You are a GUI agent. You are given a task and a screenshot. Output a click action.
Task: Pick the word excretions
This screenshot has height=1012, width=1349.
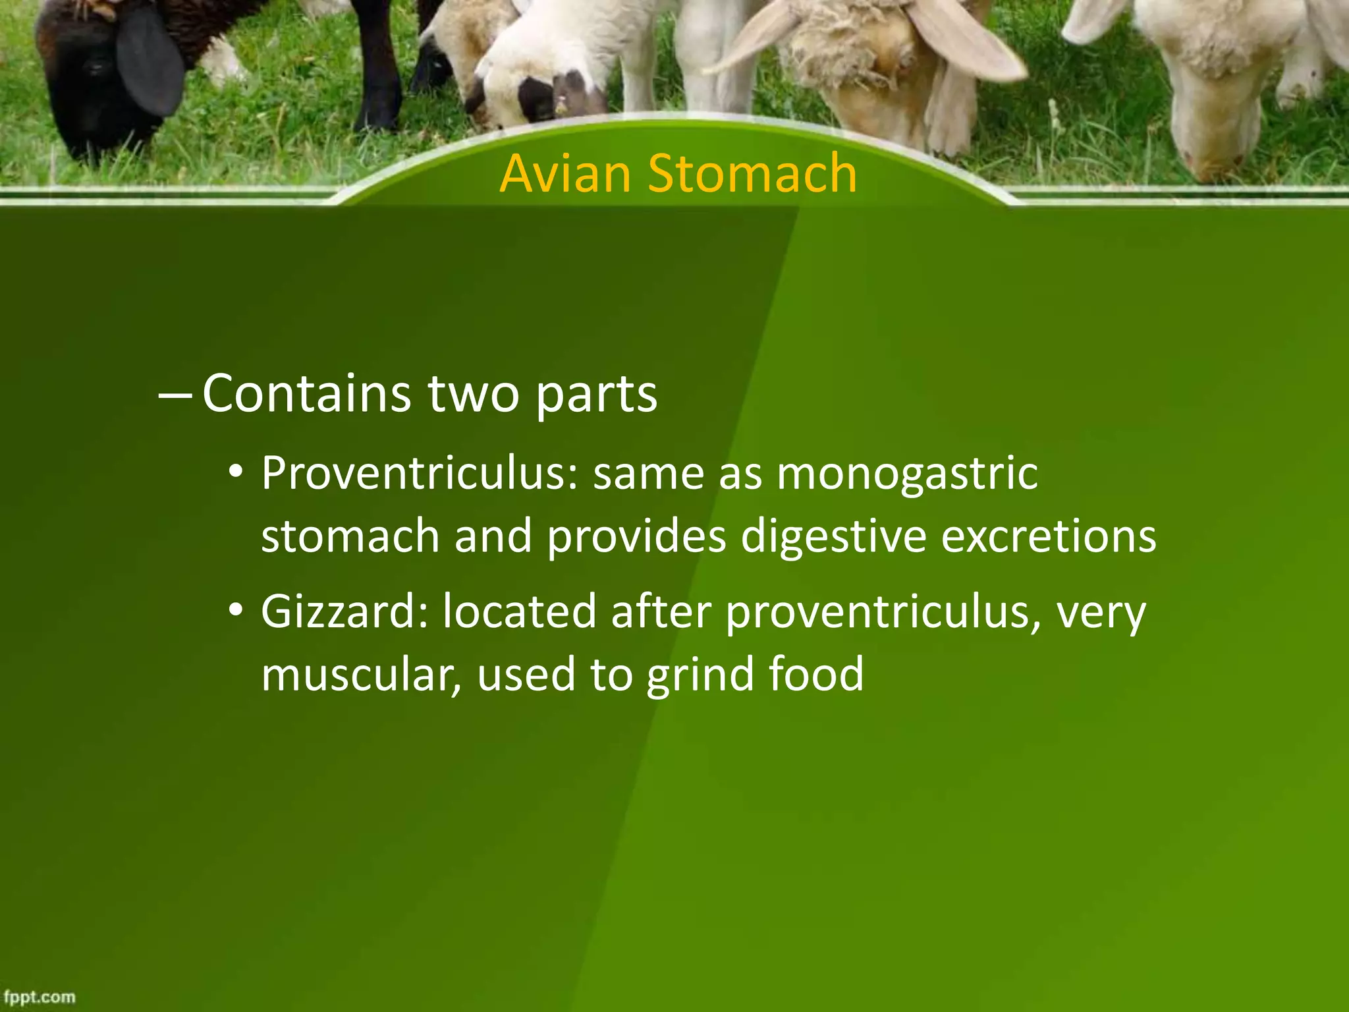pos(1048,535)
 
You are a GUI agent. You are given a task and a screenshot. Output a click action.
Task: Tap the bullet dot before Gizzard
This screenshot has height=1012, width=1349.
pos(236,609)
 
